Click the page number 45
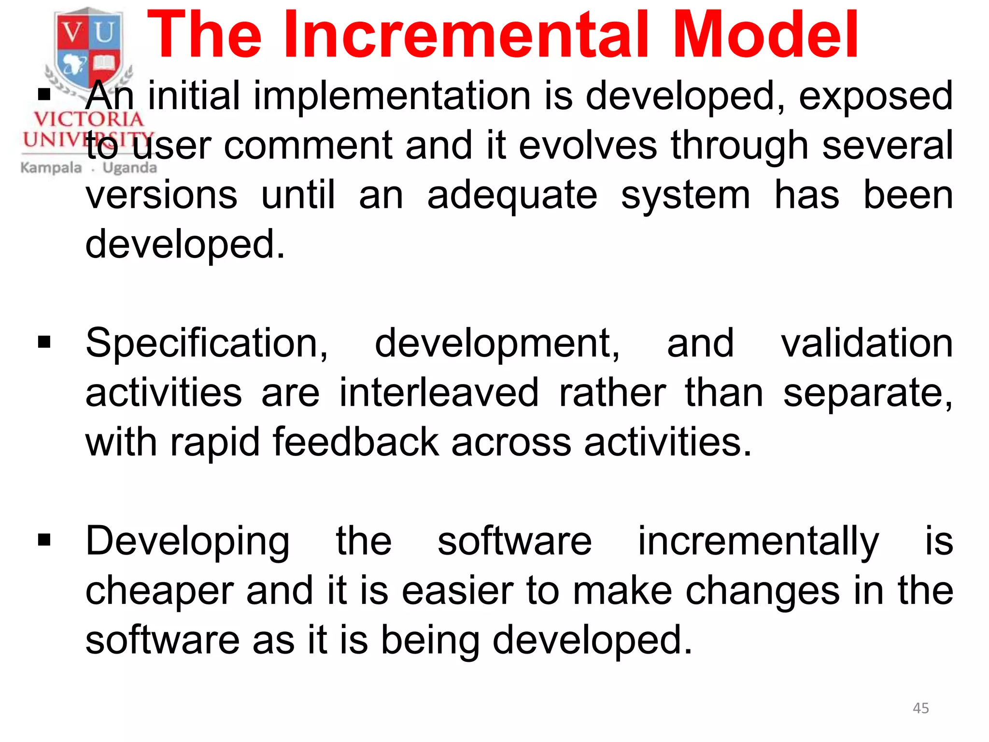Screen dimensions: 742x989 click(920, 708)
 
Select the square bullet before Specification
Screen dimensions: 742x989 click(44, 342)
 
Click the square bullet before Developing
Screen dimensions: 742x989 click(44, 540)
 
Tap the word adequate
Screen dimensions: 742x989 click(512, 196)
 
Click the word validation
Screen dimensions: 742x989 click(867, 343)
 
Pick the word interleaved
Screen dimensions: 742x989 click(438, 392)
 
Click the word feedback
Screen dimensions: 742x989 click(356, 442)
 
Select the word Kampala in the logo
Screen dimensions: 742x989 click(51, 168)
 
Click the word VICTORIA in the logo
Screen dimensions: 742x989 click(88, 119)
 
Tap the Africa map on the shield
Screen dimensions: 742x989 click(73, 64)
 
